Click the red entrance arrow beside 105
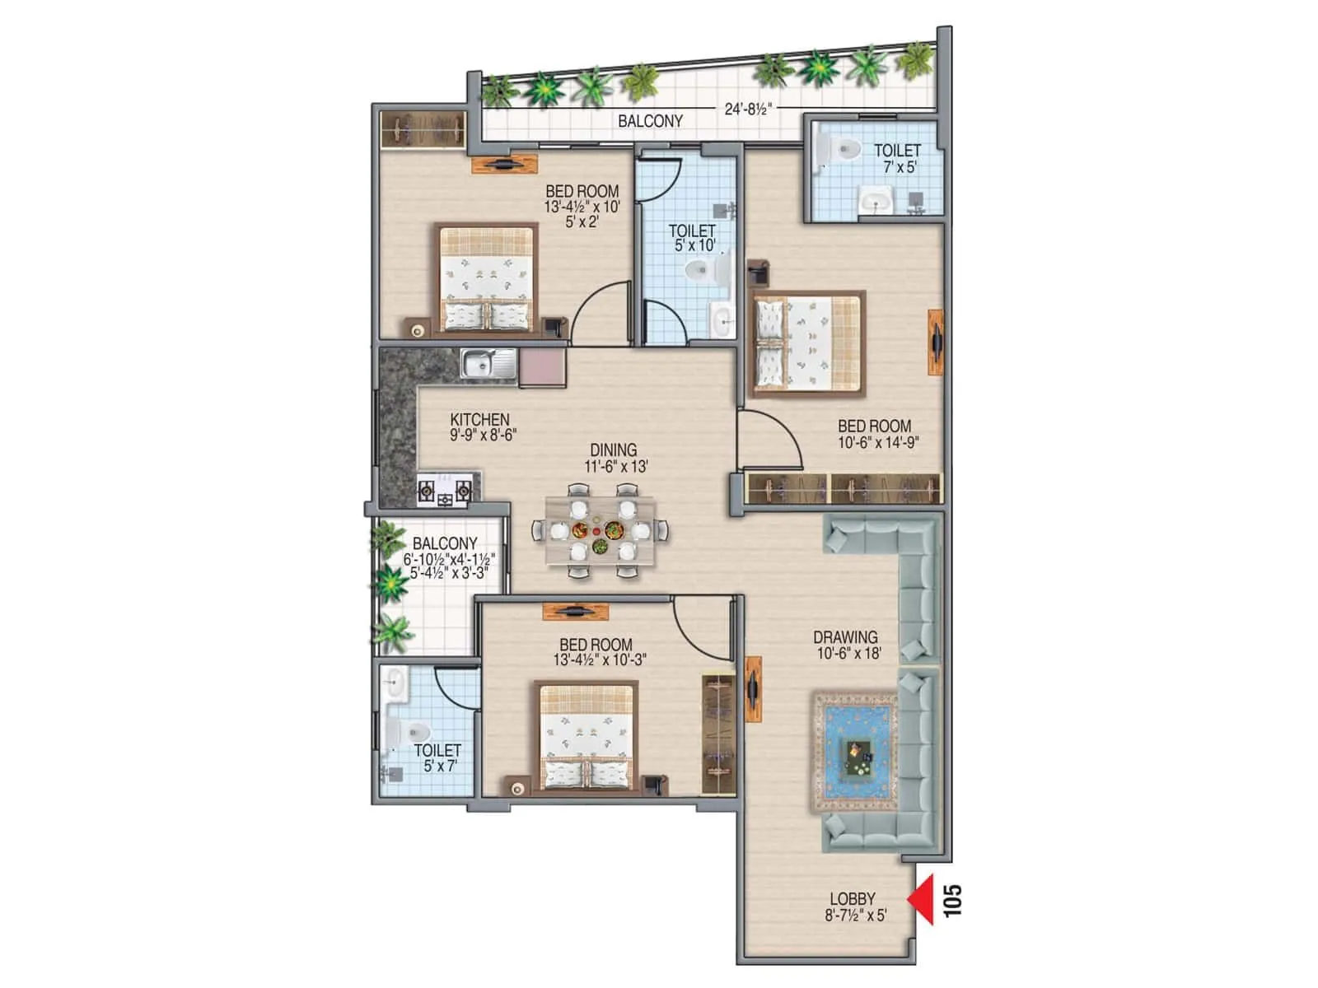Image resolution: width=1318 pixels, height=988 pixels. coord(922,899)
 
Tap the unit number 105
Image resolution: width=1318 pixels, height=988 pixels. coord(952,901)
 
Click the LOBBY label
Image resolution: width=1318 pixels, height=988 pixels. coord(852,899)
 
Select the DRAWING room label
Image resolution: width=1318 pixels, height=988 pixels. coord(845,636)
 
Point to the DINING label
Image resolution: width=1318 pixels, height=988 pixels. coord(613,450)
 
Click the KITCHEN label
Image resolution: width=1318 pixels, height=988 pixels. coord(479,419)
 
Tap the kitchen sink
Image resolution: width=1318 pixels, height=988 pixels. coord(488,363)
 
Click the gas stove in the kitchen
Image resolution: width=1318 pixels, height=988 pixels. coord(445,492)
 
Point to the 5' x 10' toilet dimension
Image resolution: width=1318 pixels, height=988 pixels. coord(694,245)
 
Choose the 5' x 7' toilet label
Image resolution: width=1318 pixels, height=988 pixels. coord(440,766)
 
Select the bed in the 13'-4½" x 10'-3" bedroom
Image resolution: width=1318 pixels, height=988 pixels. coord(587,736)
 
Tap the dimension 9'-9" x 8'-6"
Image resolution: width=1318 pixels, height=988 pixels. coord(483,435)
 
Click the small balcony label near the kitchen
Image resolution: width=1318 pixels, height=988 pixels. coord(445,543)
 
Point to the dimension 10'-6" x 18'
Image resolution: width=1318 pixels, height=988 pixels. coord(848,653)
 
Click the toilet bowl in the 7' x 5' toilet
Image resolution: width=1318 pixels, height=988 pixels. coord(843,150)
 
